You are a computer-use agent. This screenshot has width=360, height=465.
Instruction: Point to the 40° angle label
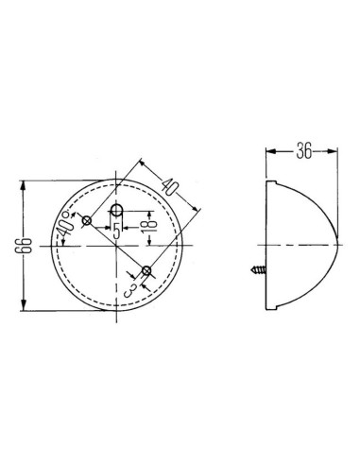pos(64,224)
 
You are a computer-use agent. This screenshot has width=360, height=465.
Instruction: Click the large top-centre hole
pos(116,209)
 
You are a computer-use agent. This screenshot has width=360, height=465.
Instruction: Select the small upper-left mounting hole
pos(86,221)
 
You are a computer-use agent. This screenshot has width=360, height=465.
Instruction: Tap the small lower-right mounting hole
pos(146,272)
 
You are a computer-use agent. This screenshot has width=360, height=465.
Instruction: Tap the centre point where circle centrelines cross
pos(116,246)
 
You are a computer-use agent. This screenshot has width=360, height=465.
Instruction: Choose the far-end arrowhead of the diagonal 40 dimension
pos(197,209)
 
